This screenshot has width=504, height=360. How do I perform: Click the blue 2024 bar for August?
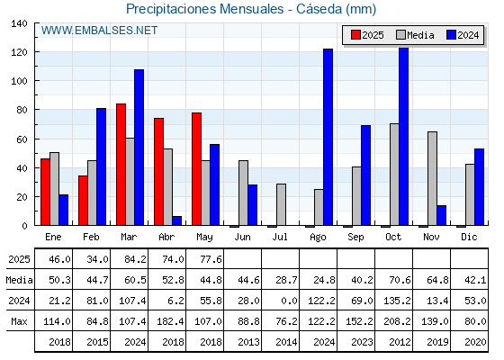click(x=328, y=137)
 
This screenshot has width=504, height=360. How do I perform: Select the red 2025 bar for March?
click(x=121, y=164)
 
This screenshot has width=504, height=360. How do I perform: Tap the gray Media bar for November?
click(x=432, y=178)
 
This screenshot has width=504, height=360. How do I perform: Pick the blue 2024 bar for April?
click(x=176, y=220)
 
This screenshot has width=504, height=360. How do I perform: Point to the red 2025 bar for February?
click(x=83, y=201)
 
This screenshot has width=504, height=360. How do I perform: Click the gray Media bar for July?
click(x=281, y=204)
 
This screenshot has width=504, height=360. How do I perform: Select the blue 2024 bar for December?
click(x=479, y=187)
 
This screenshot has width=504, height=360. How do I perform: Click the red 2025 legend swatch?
click(x=355, y=35)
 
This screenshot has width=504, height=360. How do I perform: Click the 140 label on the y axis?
click(x=20, y=23)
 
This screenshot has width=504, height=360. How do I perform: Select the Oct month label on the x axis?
click(x=393, y=237)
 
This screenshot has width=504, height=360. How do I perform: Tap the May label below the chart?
click(x=204, y=238)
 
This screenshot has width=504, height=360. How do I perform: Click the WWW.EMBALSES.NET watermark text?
click(x=99, y=31)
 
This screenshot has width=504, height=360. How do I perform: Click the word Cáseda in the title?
click(x=319, y=9)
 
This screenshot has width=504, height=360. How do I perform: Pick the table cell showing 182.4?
click(x=170, y=321)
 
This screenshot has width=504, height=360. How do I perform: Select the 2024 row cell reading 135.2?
click(x=397, y=301)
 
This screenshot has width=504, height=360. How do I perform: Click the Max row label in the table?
click(x=19, y=321)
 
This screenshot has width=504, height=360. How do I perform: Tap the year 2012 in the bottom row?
click(x=400, y=342)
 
